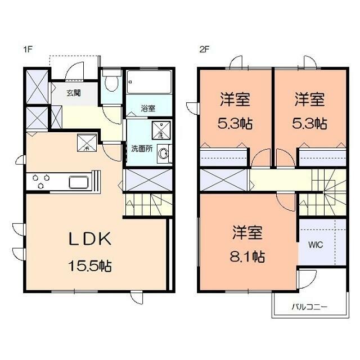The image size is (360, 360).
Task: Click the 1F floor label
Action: tap(28, 49)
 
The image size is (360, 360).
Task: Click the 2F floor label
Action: tap(204, 49)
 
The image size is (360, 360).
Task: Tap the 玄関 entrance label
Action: tap(74, 93)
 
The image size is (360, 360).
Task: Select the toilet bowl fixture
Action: tap(111, 81)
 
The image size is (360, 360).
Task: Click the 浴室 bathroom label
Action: tap(148, 109)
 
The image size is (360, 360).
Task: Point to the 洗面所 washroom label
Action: tap(142, 148)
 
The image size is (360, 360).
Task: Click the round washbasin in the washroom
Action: tap(164, 154)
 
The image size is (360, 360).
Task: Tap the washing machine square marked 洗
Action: tap(161, 130)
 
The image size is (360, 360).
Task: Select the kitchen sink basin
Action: tap(79, 182)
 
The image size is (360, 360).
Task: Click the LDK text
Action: tap(90, 239)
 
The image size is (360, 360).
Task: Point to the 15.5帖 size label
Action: tap(90, 266)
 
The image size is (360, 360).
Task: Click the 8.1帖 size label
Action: tap(247, 256)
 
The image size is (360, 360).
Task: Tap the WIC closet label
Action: tap(316, 245)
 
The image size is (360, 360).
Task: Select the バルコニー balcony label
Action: tap(309, 307)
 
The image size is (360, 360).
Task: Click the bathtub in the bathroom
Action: tap(149, 82)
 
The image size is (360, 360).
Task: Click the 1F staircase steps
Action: tap(148, 205)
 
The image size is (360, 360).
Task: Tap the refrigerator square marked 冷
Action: tap(87, 143)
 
